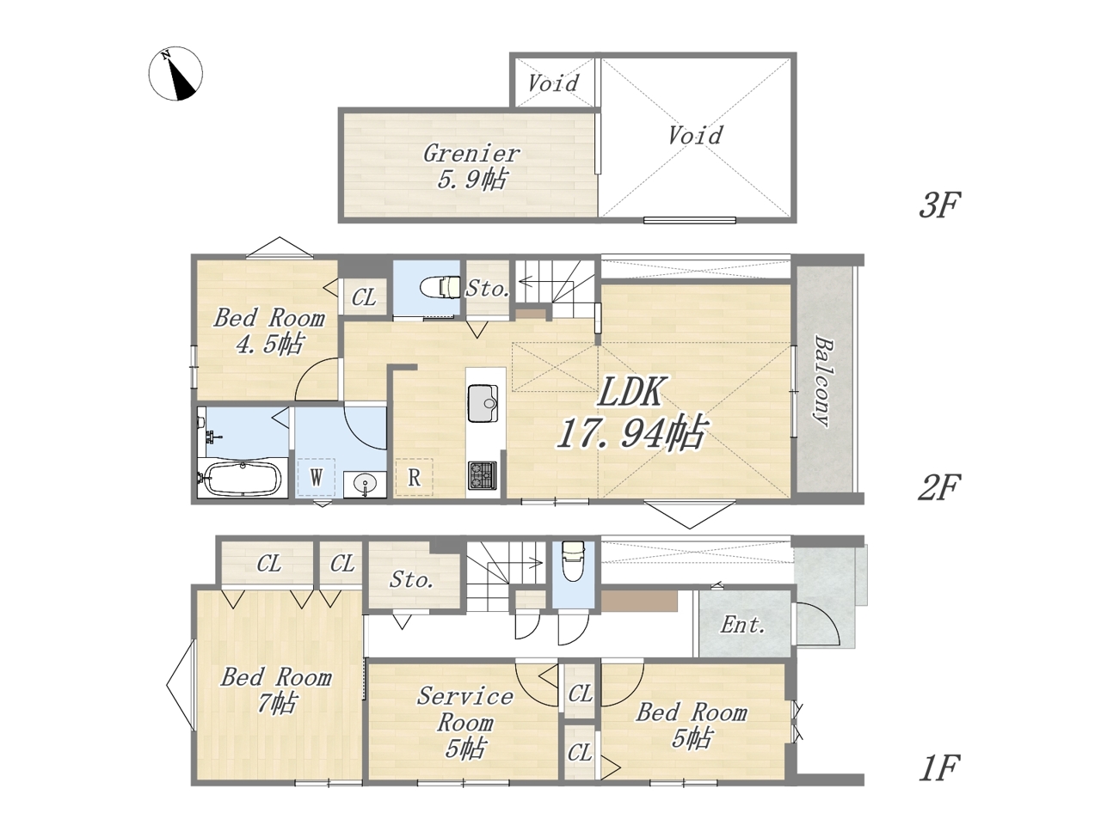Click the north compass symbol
click(x=175, y=74)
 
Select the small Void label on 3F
click(x=553, y=83)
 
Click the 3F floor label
click(x=939, y=205)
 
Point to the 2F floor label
click(x=939, y=487)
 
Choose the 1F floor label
click(x=939, y=768)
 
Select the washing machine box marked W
click(x=316, y=477)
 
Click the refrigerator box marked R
click(x=414, y=477)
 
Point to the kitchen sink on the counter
click(x=483, y=403)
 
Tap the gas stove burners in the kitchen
click(x=483, y=475)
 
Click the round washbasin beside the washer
click(x=365, y=485)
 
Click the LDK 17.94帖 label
click(x=632, y=412)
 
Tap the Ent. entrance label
click(x=743, y=625)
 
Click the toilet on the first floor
click(x=574, y=560)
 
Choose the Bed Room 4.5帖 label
click(x=269, y=332)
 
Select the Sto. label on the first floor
click(x=411, y=579)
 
